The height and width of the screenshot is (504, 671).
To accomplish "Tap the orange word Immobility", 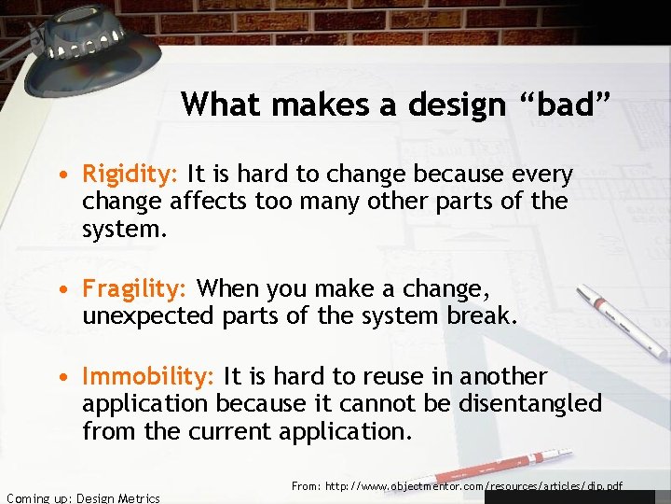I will pos(148,377).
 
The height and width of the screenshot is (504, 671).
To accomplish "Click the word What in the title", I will pos(221,104).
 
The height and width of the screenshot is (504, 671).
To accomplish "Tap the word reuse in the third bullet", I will pos(388,377).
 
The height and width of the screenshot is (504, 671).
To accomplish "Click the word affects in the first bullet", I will pos(204,202).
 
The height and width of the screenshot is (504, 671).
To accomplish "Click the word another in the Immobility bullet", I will pos(502,377).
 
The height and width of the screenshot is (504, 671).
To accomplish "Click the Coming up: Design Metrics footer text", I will pos(82,498).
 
